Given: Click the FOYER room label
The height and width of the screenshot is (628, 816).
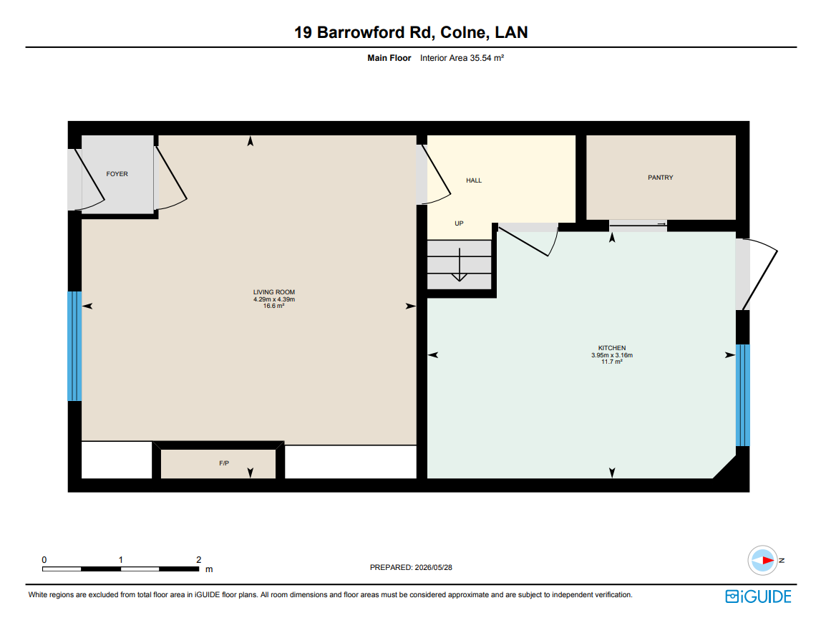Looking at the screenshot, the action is coord(117,174).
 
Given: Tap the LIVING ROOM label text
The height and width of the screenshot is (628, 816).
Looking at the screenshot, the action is coord(273,292).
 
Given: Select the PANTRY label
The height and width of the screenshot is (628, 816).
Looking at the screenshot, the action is coord(661,178).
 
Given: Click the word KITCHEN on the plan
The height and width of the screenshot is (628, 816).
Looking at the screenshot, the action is coord(612,348).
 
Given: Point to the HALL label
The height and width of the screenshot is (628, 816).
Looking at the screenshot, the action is coord(474,180).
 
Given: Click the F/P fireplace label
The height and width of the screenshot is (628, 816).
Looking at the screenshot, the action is coord(224,463).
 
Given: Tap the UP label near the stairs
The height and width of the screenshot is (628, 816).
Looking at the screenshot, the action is coord(459,223).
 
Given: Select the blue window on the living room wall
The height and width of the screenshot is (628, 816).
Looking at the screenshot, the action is coord(74,346).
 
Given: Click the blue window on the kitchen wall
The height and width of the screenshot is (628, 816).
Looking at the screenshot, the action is coord(742,395).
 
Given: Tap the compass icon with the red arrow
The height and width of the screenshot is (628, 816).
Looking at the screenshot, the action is coord(762,560).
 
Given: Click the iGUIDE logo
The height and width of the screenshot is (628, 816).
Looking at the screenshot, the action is coord(758,596).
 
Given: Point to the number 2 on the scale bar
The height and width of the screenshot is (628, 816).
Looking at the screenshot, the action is coord(199,560).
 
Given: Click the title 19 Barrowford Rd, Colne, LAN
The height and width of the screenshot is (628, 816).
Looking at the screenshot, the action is coord(411,32).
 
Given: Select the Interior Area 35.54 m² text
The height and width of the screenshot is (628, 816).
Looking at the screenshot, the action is coord(462,58).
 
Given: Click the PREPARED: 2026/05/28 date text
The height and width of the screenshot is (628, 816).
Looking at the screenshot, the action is coord(411,568).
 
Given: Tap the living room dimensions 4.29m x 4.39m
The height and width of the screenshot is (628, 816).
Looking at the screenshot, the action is coord(273,299).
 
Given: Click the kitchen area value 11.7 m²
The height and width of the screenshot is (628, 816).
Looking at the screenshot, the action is coord(612,362).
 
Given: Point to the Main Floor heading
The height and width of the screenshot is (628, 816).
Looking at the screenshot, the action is coord(389,58).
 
